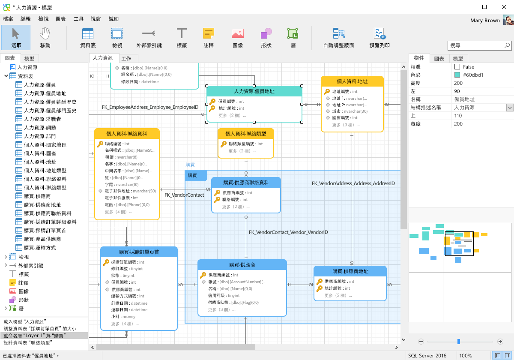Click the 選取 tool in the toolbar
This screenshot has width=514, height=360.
point(16,37)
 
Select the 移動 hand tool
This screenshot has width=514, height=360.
point(45,37)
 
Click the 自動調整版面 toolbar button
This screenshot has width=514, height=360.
point(338,37)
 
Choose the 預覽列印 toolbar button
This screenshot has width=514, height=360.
point(380,37)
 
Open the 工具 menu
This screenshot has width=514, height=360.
point(78,19)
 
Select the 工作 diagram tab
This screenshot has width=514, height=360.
point(126,59)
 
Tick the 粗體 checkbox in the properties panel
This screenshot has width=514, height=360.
point(457,67)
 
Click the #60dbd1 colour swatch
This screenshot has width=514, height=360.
point(457,75)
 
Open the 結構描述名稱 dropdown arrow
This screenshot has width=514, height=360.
point(510,108)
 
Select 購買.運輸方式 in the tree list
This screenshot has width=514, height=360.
point(40,248)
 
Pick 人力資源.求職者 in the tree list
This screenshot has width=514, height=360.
point(42,119)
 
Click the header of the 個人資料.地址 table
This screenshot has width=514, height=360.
point(352,81)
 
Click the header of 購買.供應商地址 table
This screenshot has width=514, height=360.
point(350,271)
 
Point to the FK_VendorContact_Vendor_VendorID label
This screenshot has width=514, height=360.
point(288,232)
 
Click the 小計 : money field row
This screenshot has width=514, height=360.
point(123,317)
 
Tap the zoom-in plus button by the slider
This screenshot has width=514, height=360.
point(500,342)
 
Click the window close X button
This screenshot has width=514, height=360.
point(504,7)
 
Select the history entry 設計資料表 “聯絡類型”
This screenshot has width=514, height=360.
point(28,343)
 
